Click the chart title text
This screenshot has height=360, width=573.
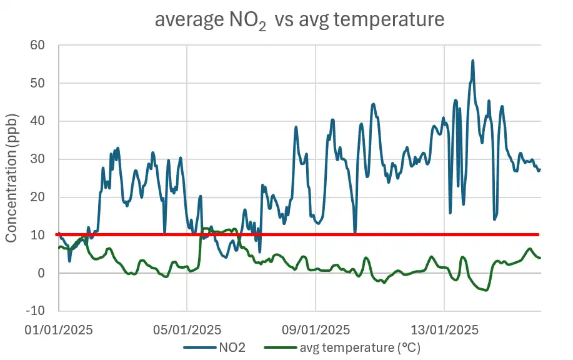299,20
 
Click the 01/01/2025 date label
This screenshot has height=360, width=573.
58,329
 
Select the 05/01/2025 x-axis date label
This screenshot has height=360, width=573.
187,329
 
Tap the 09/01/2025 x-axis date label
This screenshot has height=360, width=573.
316,329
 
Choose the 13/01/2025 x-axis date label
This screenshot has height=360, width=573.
444,329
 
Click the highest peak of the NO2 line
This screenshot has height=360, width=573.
473,61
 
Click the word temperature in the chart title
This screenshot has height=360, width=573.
392,20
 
